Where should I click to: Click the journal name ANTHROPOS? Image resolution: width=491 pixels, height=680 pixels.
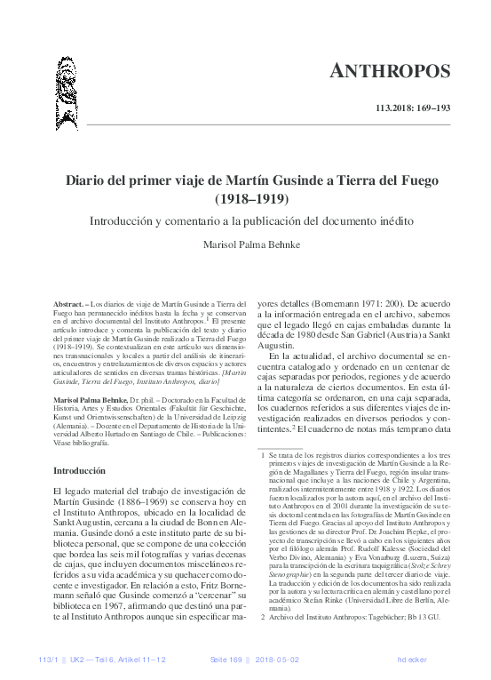[404, 68]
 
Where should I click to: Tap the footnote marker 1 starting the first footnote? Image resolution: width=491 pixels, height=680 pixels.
[263, 453]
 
